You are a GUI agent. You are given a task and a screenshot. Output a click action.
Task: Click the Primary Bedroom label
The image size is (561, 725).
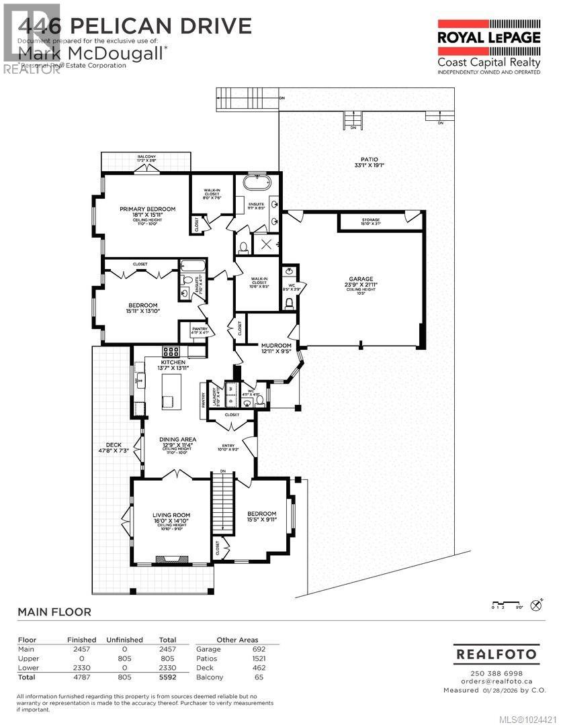click(x=148, y=209)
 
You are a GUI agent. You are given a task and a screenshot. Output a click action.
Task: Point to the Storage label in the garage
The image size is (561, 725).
click(x=371, y=220)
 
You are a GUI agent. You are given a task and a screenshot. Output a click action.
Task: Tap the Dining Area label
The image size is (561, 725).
click(x=177, y=440)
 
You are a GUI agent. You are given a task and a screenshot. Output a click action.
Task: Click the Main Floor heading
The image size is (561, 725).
click(x=54, y=612)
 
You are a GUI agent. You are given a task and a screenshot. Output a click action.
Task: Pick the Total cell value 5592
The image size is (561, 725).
click(x=167, y=678)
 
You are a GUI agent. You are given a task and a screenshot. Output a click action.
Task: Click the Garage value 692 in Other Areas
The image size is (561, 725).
click(x=259, y=649)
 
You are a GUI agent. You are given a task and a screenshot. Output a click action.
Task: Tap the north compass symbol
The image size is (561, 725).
click(x=536, y=605)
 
